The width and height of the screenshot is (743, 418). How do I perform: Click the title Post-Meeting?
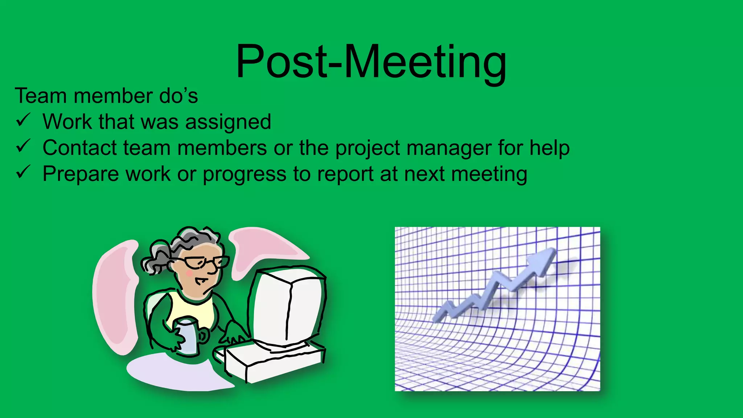pyautogui.click(x=371, y=62)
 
